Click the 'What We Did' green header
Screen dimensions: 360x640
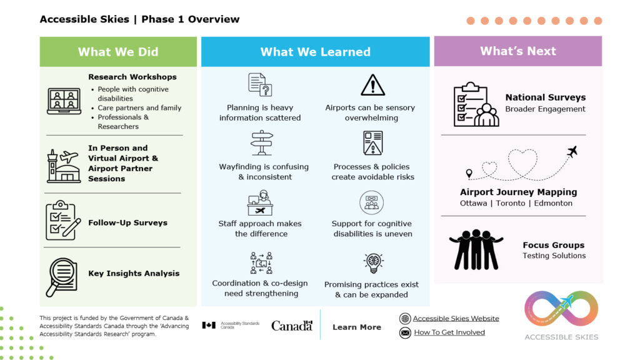(118, 52)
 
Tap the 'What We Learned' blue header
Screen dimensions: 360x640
(315, 52)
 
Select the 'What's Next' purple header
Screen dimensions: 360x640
(517, 51)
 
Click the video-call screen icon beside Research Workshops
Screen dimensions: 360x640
(64, 101)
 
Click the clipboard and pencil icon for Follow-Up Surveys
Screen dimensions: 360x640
(62, 221)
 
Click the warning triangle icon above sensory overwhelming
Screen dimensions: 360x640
(372, 85)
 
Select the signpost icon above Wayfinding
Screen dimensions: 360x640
(262, 143)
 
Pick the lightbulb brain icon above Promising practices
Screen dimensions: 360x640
(373, 263)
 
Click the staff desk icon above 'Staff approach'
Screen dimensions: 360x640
(260, 203)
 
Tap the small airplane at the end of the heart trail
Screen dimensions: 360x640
(571, 151)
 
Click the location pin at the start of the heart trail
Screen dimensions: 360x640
(469, 173)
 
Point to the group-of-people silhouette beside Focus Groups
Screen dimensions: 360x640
(476, 249)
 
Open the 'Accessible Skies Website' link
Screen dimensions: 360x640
(456, 318)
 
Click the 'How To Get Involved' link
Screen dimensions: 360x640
(449, 332)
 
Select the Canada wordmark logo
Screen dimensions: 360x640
(291, 326)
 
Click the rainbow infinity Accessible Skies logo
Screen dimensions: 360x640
(561, 309)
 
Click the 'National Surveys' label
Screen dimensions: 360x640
(545, 97)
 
